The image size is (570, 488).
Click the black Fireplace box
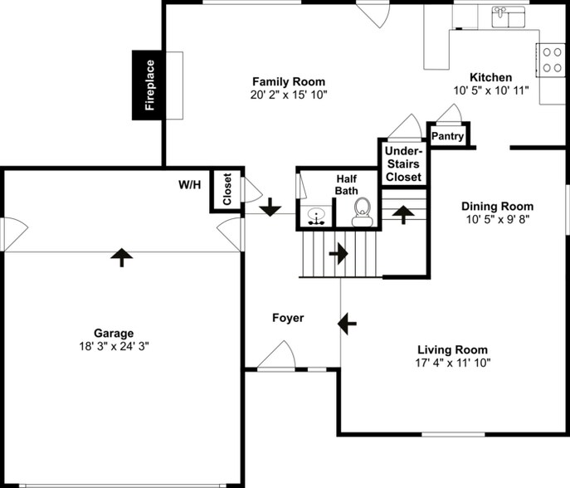tap(149, 85)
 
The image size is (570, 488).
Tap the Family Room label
tap(289, 81)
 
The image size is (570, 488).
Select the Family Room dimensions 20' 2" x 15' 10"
tap(289, 95)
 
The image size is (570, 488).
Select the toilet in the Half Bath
tap(363, 212)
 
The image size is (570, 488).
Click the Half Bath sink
tap(316, 217)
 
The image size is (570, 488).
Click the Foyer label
tap(288, 318)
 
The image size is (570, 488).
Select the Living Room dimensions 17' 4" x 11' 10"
tap(452, 363)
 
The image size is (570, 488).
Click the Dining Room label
tap(497, 207)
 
